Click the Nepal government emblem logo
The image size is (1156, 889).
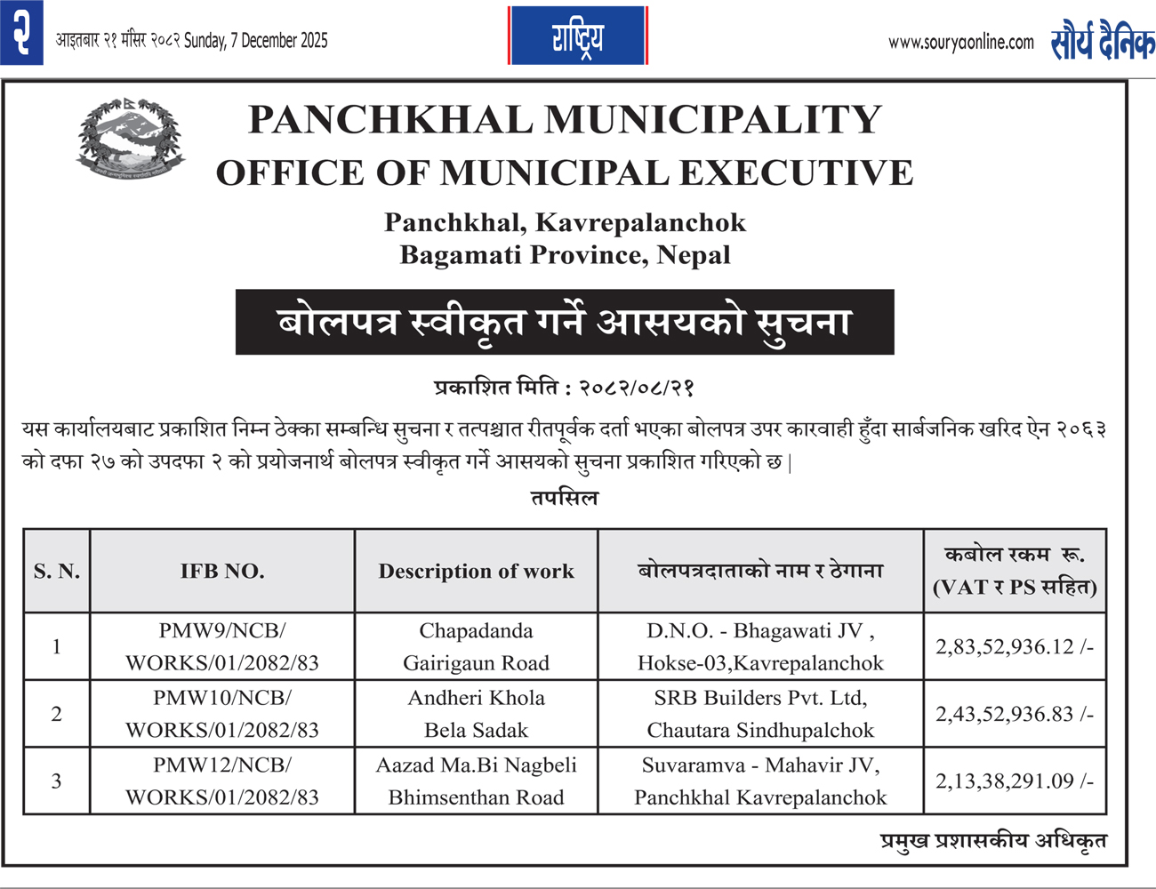pos(131,139)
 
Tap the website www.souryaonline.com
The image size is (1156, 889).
pos(960,42)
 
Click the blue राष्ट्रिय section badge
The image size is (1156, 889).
pos(578,36)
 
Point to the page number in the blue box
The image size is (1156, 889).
pos(21,32)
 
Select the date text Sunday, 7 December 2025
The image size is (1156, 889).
pos(256,40)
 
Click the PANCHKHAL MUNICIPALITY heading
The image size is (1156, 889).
pos(565,120)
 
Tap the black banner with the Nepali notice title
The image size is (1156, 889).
pos(565,322)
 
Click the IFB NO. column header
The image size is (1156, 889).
pos(222,571)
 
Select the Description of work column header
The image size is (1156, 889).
pos(476,571)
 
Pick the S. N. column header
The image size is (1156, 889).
pos(57,571)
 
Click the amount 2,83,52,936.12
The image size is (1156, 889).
pos(1014,646)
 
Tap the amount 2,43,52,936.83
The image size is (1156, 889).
pos(1014,714)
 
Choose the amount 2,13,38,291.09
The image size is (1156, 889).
pos(1014,781)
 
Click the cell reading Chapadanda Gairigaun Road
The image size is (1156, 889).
pos(476,646)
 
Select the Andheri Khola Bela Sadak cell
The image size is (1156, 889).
pos(476,714)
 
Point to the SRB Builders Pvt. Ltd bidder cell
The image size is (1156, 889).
pos(760,714)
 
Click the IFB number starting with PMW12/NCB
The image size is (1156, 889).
pos(222,781)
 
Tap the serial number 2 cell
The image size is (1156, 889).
pos(57,714)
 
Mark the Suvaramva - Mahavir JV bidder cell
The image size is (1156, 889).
pos(760,781)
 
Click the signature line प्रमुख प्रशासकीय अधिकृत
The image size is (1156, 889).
pos(992,840)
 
